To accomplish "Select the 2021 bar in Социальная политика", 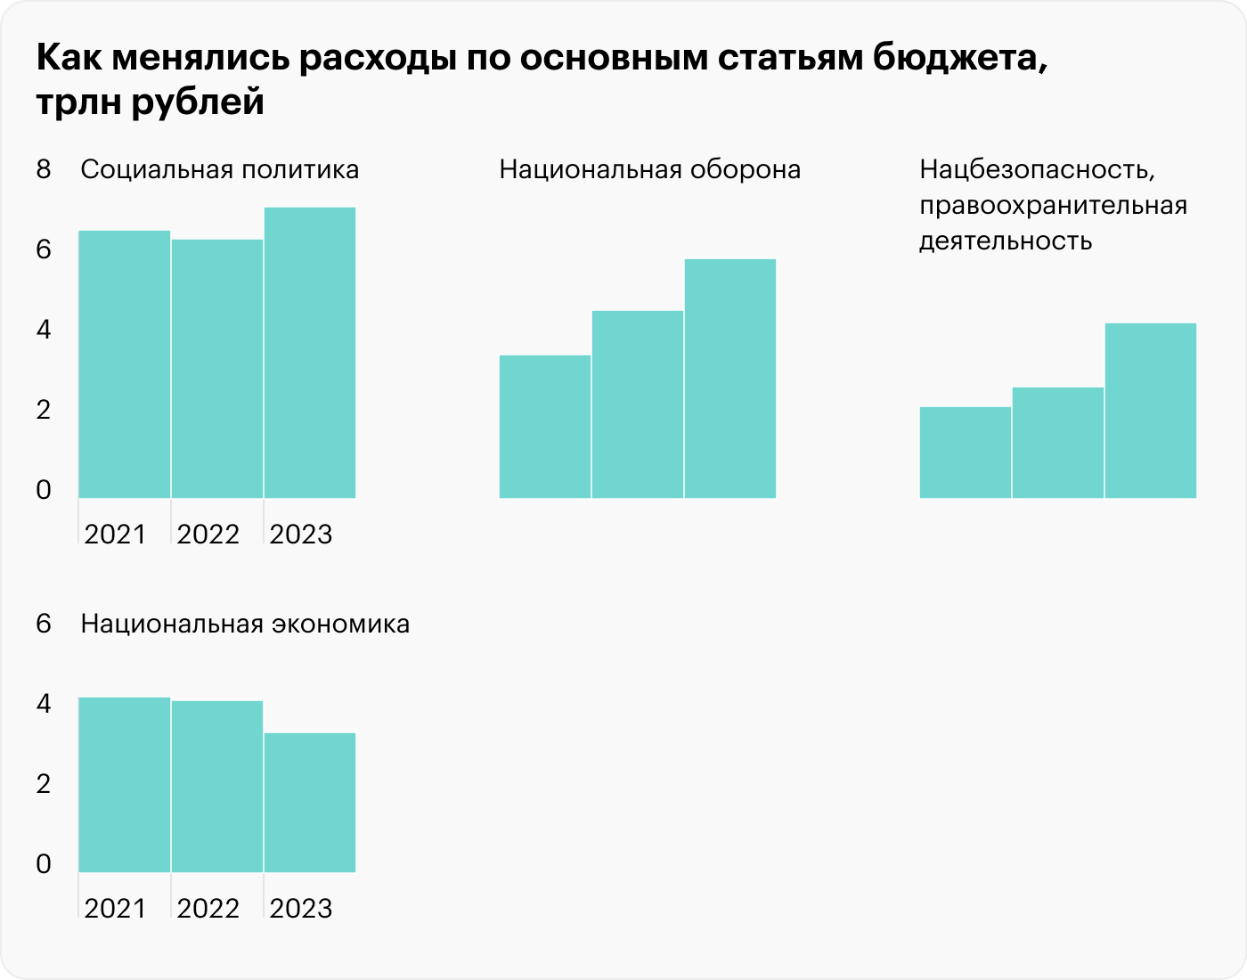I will click(125, 364).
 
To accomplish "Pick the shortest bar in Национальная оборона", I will click(545, 427).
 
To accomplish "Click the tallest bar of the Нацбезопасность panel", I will click(1151, 411).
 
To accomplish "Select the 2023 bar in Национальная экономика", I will click(310, 803).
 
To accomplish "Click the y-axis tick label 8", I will click(44, 169).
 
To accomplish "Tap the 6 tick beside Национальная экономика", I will click(44, 624).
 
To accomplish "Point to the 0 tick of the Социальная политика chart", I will click(44, 490).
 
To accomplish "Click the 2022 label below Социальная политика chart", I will click(208, 535).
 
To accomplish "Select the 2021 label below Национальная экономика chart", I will click(116, 909).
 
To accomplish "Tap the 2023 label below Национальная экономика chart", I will click(301, 909).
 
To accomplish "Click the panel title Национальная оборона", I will click(650, 169).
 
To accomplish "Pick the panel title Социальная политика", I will click(220, 169).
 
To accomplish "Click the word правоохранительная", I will click(1054, 206).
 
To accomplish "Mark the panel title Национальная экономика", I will click(245, 624).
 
